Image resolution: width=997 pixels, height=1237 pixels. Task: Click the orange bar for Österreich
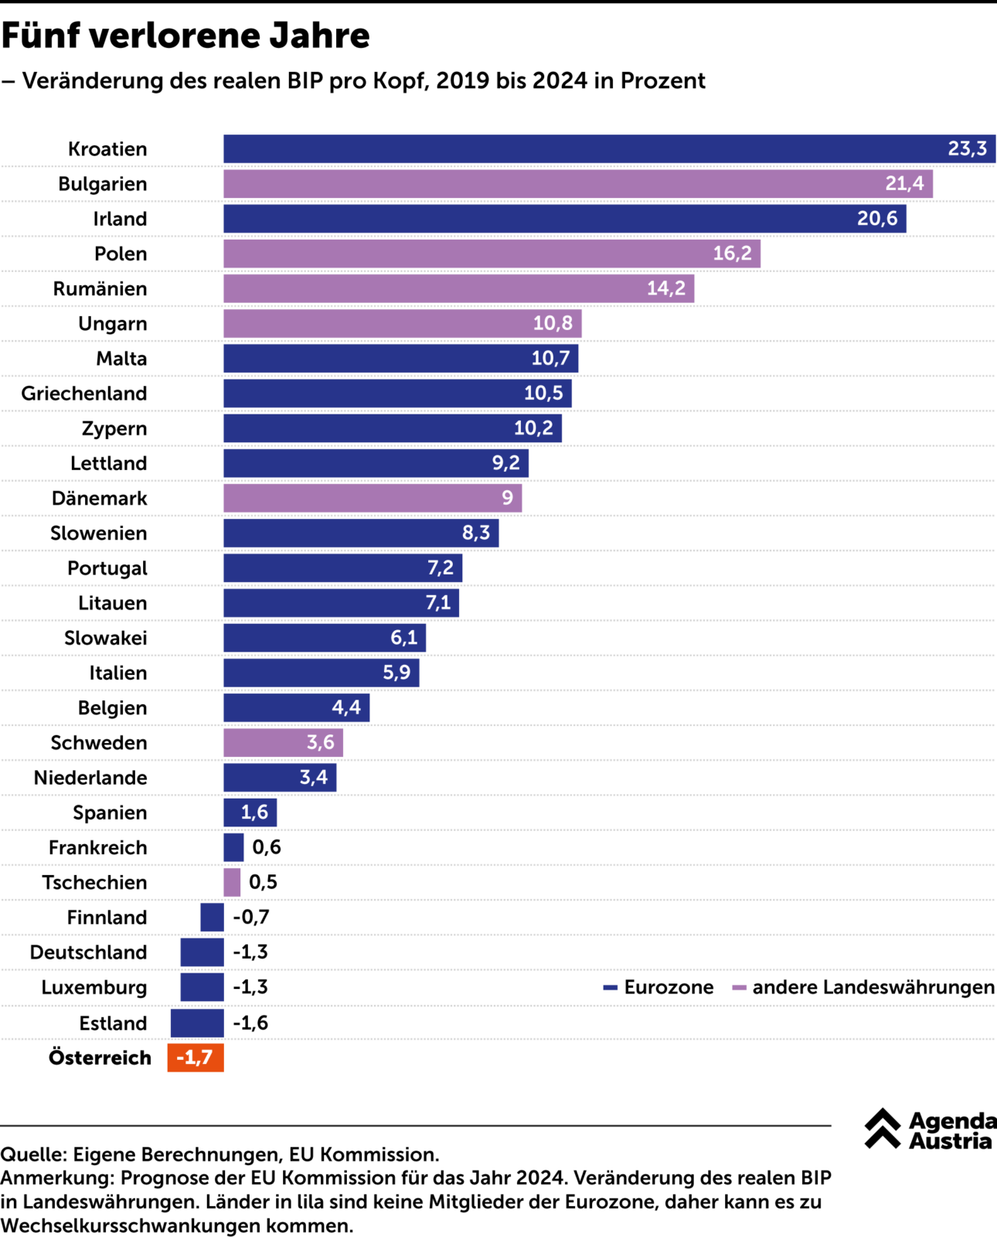196,1058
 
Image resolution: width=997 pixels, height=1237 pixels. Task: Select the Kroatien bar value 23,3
967,148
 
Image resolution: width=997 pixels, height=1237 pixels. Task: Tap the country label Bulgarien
103,184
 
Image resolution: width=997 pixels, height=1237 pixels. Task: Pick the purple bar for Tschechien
232,882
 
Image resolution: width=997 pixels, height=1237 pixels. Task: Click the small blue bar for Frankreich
233,847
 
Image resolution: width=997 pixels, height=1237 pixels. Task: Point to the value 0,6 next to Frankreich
267,847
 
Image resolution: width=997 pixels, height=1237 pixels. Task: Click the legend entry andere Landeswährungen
863,987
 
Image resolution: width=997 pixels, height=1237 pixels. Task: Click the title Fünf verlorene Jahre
185,36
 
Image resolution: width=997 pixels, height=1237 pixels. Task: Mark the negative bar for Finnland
212,918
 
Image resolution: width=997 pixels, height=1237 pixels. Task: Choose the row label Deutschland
88,952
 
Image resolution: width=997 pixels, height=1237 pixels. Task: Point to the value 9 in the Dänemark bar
507,498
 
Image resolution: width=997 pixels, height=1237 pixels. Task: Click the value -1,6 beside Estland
250,1023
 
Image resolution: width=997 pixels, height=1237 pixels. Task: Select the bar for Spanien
250,813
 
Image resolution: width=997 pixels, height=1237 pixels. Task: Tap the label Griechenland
84,394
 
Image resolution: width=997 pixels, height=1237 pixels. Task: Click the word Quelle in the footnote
32,1154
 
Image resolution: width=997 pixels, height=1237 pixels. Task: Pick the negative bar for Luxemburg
202,987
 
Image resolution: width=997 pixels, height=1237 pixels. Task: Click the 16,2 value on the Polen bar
732,254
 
